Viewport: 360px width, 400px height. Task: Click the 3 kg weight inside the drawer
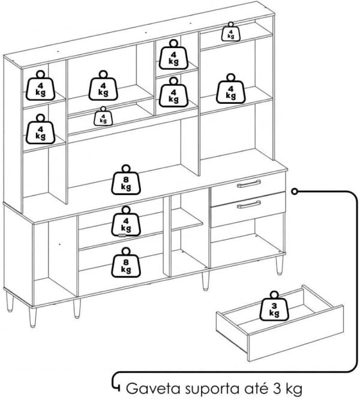[274, 306]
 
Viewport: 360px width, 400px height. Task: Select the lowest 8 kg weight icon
[126, 262]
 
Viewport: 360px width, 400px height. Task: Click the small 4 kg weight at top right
[230, 32]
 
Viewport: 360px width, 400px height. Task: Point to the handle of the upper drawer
[248, 184]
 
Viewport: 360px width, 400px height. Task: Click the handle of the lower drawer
[248, 205]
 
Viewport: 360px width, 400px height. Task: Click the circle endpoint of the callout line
[295, 192]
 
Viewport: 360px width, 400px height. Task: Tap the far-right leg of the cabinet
[279, 265]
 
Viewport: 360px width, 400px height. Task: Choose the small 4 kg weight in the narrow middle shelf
[103, 117]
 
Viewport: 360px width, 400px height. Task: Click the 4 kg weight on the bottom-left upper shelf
[41, 129]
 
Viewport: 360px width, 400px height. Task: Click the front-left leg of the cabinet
[32, 317]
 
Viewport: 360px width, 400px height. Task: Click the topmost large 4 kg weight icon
[173, 55]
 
